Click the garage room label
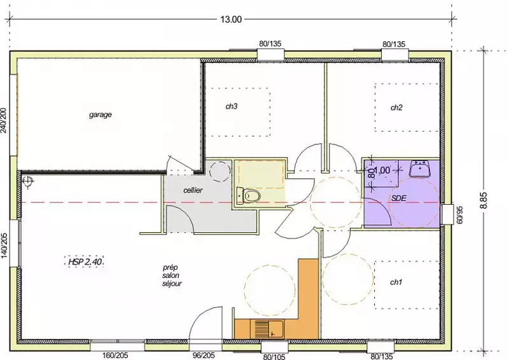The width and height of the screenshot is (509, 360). pos(101,114)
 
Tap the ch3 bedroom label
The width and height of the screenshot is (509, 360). pos(232,106)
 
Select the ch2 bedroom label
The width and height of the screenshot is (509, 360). pos(396,107)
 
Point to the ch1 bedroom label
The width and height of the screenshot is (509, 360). pos(396,282)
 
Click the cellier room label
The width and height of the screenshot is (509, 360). pos(193,190)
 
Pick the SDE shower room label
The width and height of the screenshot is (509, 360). pos(399,198)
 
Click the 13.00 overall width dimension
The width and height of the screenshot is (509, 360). pos(231,20)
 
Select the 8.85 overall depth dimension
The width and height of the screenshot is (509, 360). pos(484,201)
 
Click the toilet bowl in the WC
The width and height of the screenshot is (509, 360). pos(249,196)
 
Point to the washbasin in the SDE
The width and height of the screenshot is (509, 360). pos(419,168)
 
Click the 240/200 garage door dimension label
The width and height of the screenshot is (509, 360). pos(4,120)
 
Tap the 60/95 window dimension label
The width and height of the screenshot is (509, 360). pos(459,215)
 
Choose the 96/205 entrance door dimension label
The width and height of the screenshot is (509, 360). pos(204,356)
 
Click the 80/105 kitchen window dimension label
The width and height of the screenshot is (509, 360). pos(274,357)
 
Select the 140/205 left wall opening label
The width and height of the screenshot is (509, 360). pos(4,246)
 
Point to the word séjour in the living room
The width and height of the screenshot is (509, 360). pos(172,284)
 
